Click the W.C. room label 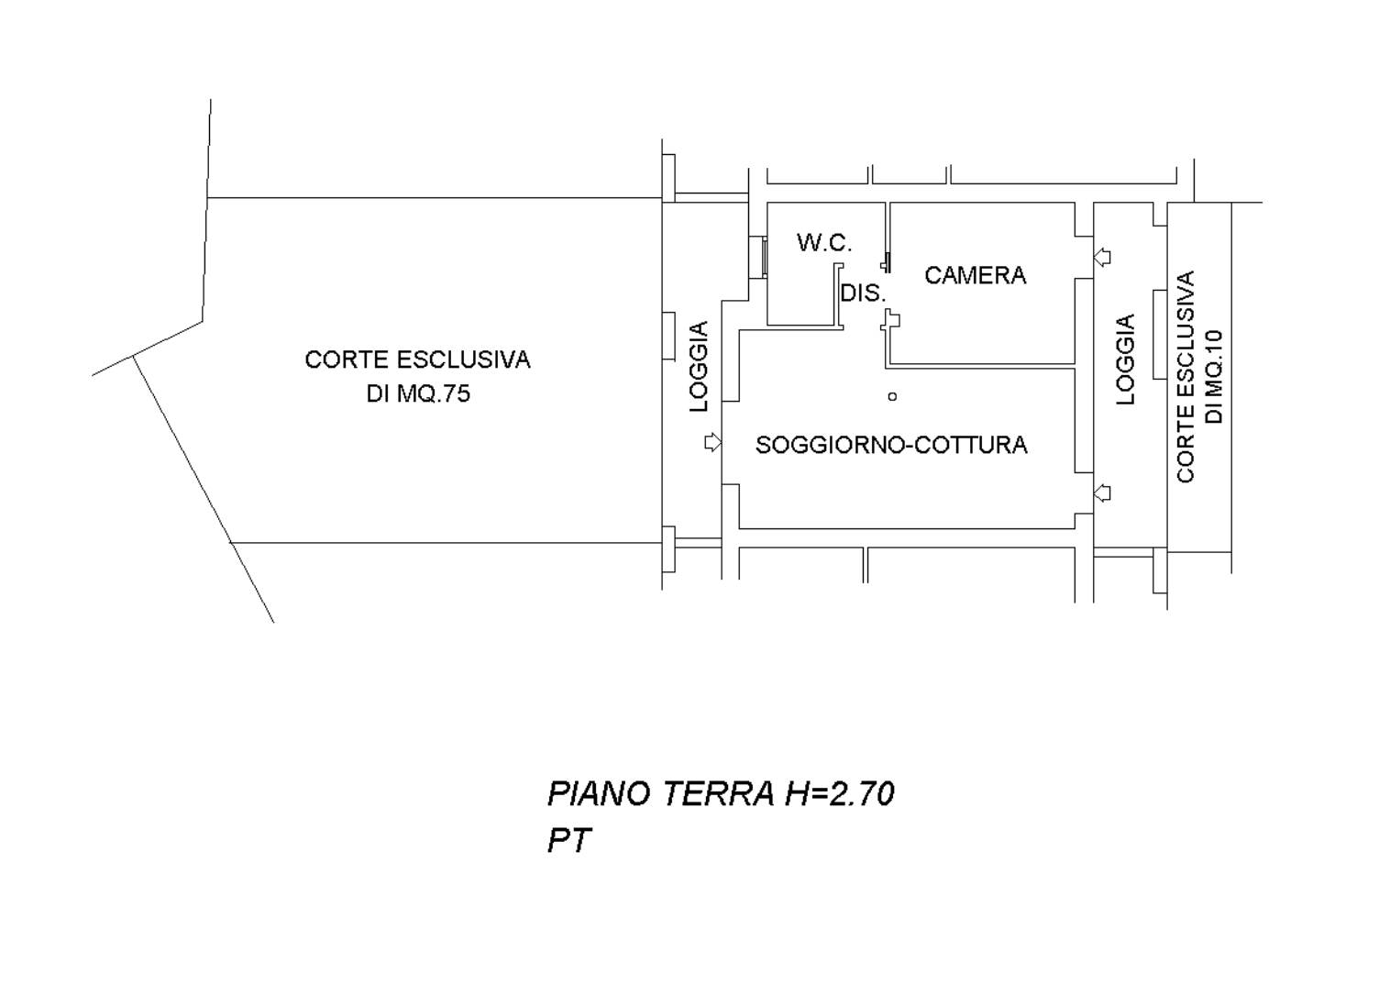pyautogui.click(x=824, y=243)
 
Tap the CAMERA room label pyautogui.click(x=975, y=275)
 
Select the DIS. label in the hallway pyautogui.click(x=862, y=293)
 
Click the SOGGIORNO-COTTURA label pyautogui.click(x=891, y=445)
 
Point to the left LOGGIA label pyautogui.click(x=699, y=366)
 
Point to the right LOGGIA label pyautogui.click(x=1126, y=360)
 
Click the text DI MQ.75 pyautogui.click(x=418, y=393)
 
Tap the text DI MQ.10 pyautogui.click(x=1214, y=377)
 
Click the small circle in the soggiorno pyautogui.click(x=892, y=396)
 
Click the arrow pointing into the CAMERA pyautogui.click(x=1102, y=257)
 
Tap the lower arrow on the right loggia pyautogui.click(x=1102, y=492)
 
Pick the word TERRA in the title pyautogui.click(x=719, y=793)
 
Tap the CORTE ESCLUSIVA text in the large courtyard pyautogui.click(x=417, y=360)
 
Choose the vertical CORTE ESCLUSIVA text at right pyautogui.click(x=1186, y=376)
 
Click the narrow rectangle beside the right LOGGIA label pyautogui.click(x=1160, y=335)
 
